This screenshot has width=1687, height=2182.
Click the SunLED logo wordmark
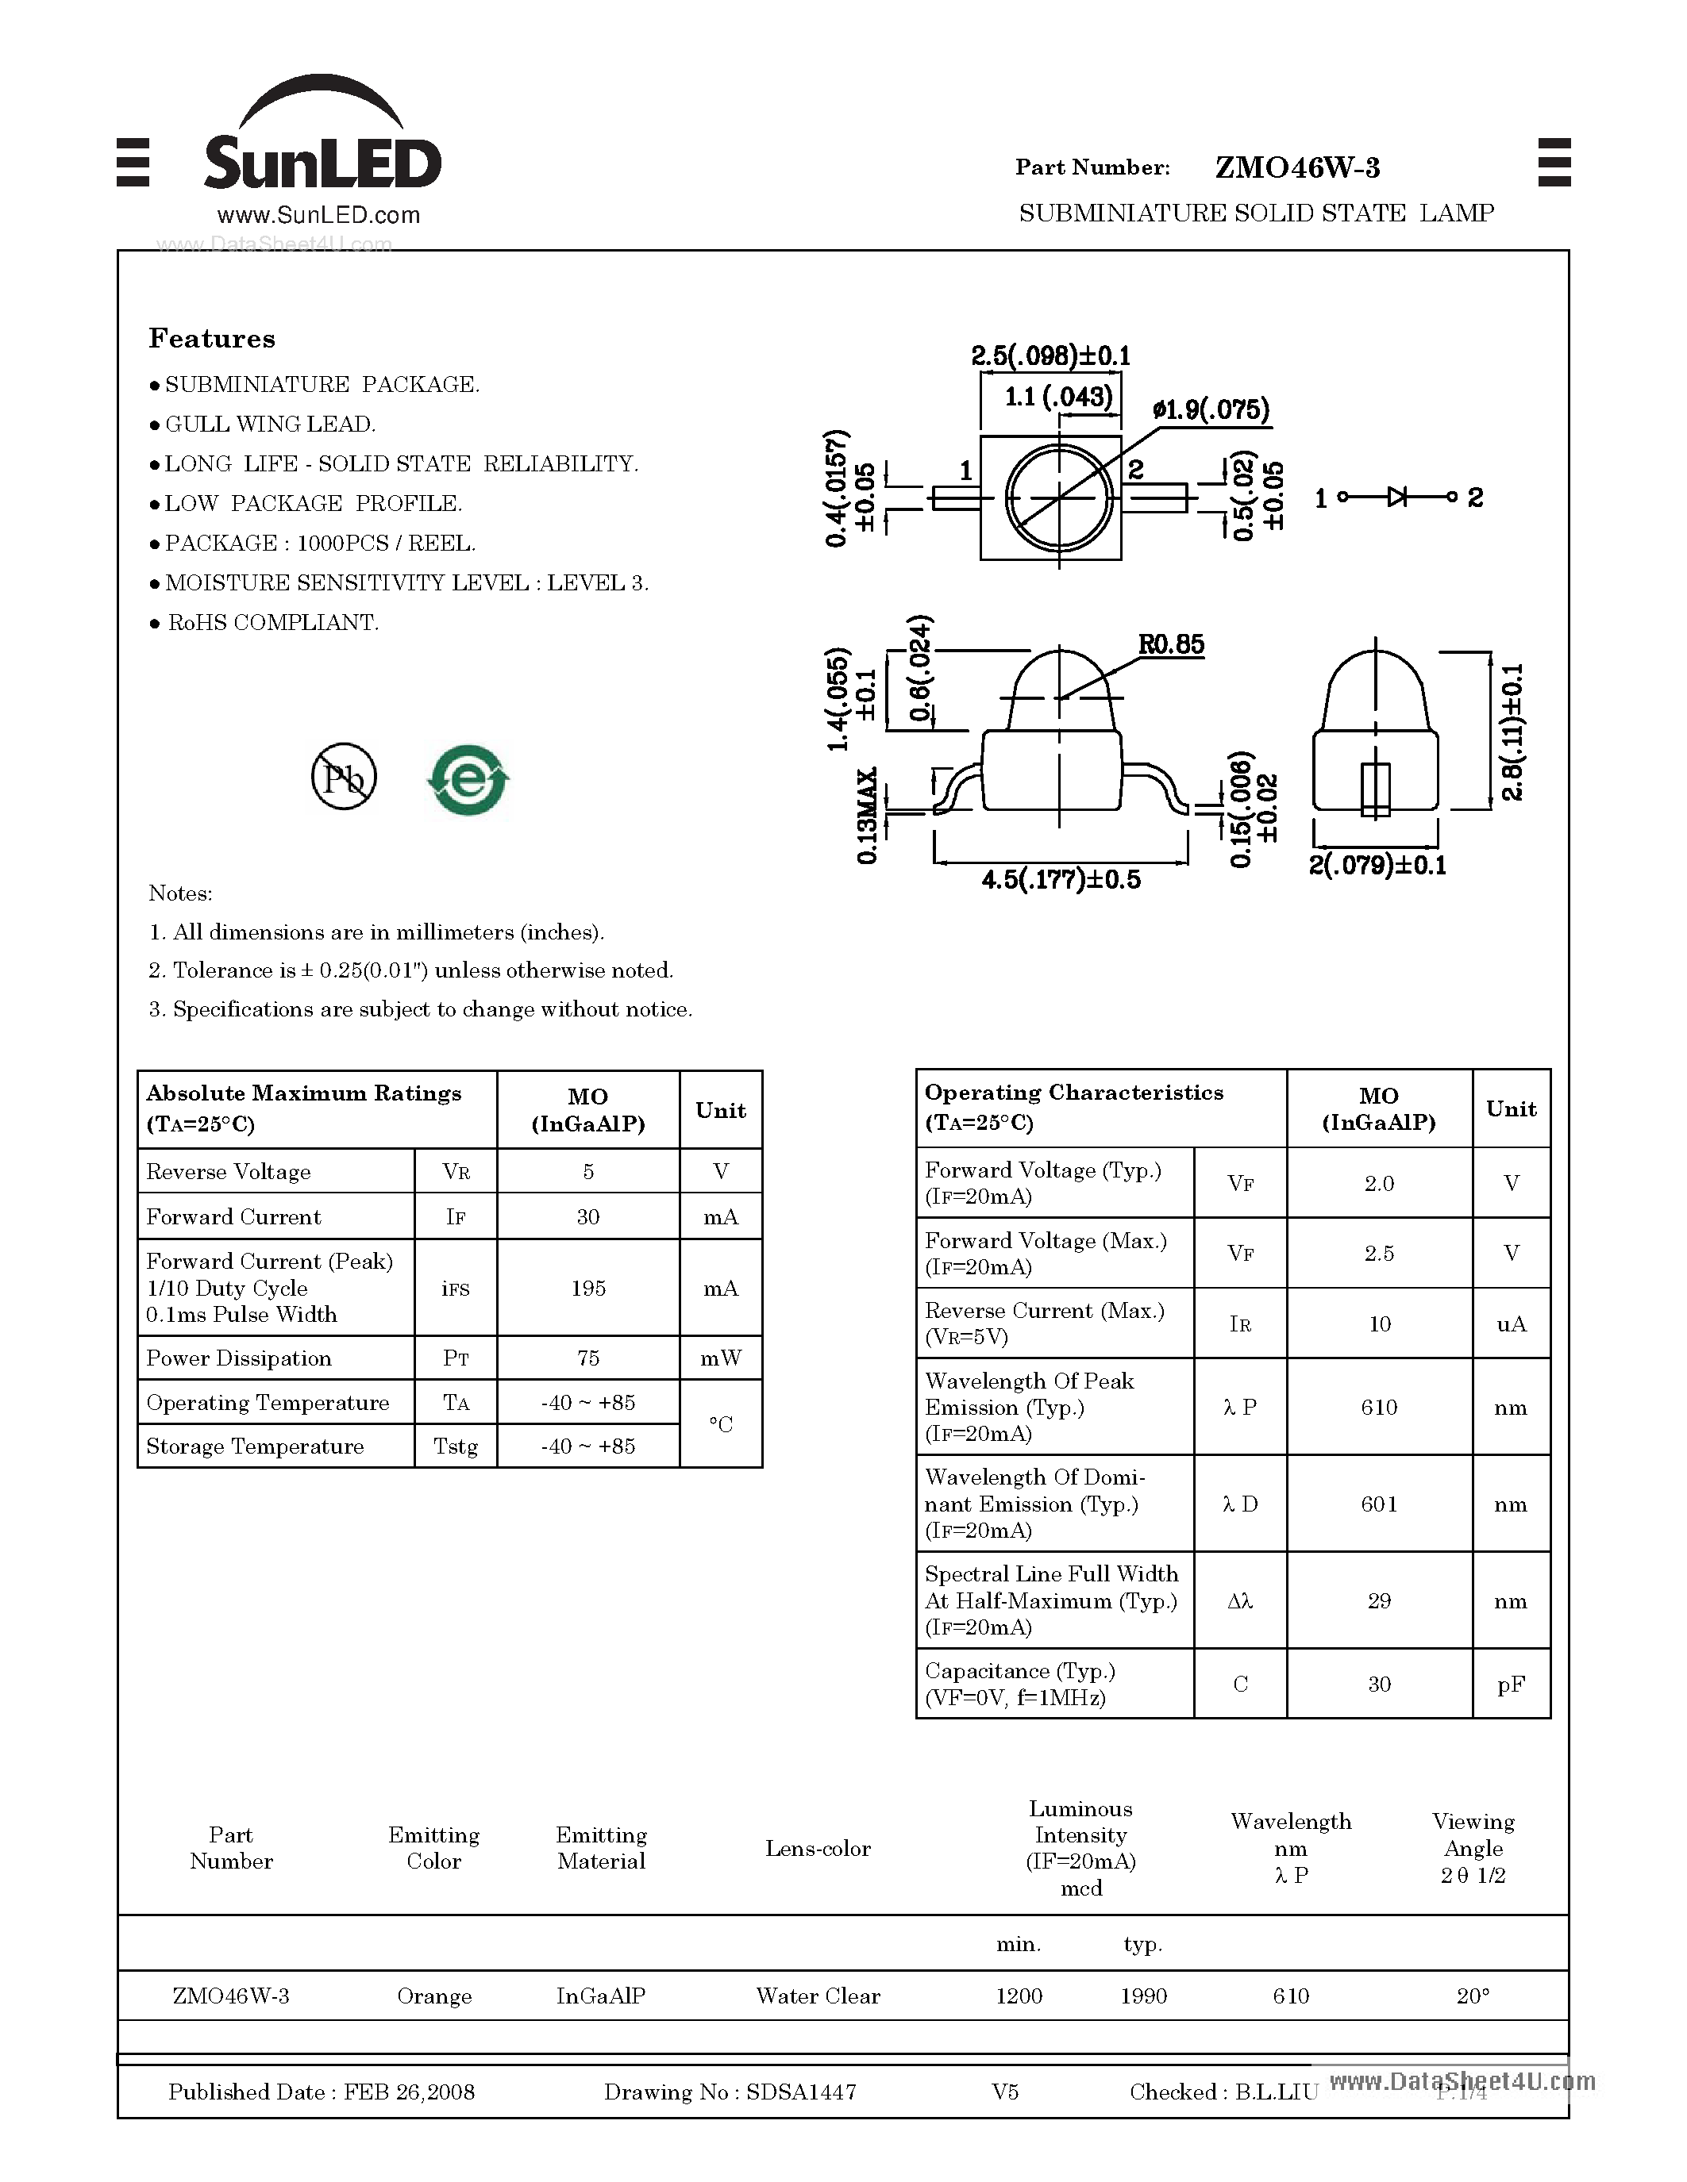point(322,162)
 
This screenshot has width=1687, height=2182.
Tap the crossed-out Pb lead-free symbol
point(344,776)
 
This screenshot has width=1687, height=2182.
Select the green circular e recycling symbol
point(468,779)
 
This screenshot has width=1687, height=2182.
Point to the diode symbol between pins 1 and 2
point(1397,497)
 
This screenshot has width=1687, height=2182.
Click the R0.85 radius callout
point(1170,645)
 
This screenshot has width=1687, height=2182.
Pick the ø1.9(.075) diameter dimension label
point(1211,409)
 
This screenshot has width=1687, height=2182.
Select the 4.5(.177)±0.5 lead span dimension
point(1061,880)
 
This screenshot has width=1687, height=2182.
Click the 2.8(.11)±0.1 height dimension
point(1512,732)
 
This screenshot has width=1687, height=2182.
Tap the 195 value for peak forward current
point(587,1289)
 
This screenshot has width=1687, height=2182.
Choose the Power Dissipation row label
point(239,1358)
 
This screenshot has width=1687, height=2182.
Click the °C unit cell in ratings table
point(721,1425)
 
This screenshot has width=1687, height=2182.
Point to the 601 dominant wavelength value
point(1379,1504)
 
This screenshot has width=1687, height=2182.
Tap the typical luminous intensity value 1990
point(1143,1996)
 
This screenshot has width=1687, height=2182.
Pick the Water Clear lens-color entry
point(818,1996)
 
